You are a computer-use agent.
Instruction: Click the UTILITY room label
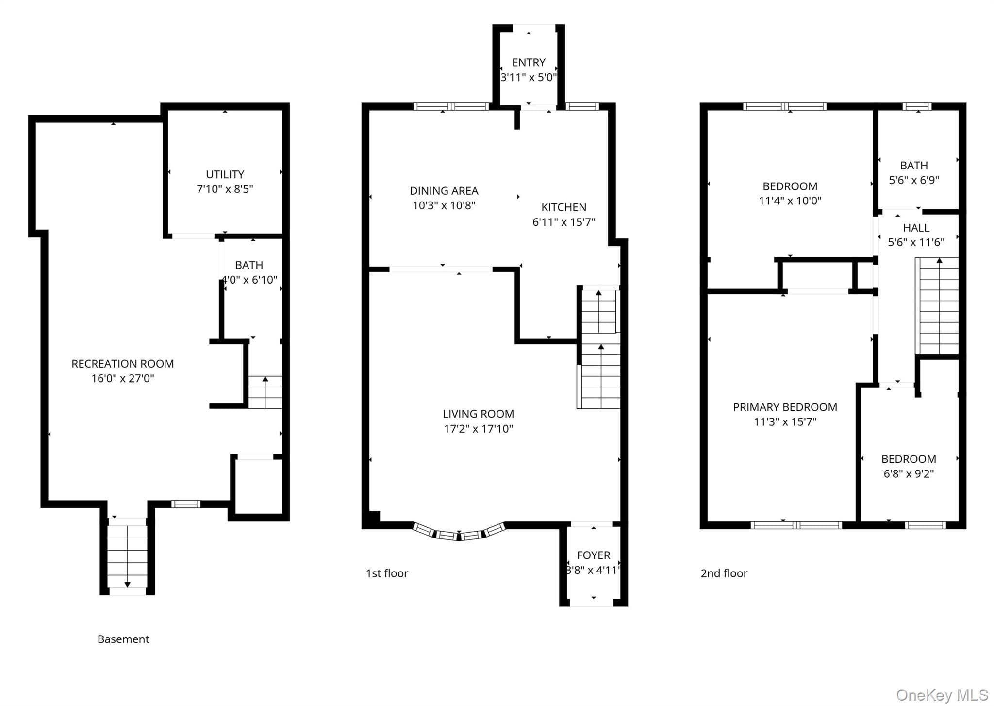pyautogui.click(x=225, y=174)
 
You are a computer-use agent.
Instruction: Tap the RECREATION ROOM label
pyautogui.click(x=123, y=364)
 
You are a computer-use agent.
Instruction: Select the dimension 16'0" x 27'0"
pyautogui.click(x=123, y=378)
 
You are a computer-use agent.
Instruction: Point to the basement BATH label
pyautogui.click(x=249, y=265)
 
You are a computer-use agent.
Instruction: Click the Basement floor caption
pyautogui.click(x=123, y=639)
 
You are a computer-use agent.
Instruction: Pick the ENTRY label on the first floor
pyautogui.click(x=529, y=63)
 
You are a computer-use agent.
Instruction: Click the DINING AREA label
pyautogui.click(x=444, y=191)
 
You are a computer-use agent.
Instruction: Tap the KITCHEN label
pyautogui.click(x=564, y=207)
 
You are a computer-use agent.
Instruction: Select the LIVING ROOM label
pyautogui.click(x=478, y=414)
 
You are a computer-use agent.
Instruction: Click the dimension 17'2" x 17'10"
pyautogui.click(x=478, y=429)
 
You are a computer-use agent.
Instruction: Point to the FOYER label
pyautogui.click(x=594, y=555)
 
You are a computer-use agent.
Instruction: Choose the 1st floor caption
pyautogui.click(x=387, y=573)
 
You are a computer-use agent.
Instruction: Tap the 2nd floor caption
pyautogui.click(x=724, y=573)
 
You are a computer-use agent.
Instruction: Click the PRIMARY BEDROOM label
pyautogui.click(x=785, y=407)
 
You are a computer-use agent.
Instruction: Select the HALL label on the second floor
pyautogui.click(x=916, y=228)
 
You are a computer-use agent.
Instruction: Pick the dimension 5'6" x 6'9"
pyautogui.click(x=914, y=180)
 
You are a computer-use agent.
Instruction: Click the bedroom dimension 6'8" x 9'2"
pyautogui.click(x=909, y=474)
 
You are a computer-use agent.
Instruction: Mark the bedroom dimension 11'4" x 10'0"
pyautogui.click(x=790, y=201)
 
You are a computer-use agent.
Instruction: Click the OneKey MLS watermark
pyautogui.click(x=942, y=695)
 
